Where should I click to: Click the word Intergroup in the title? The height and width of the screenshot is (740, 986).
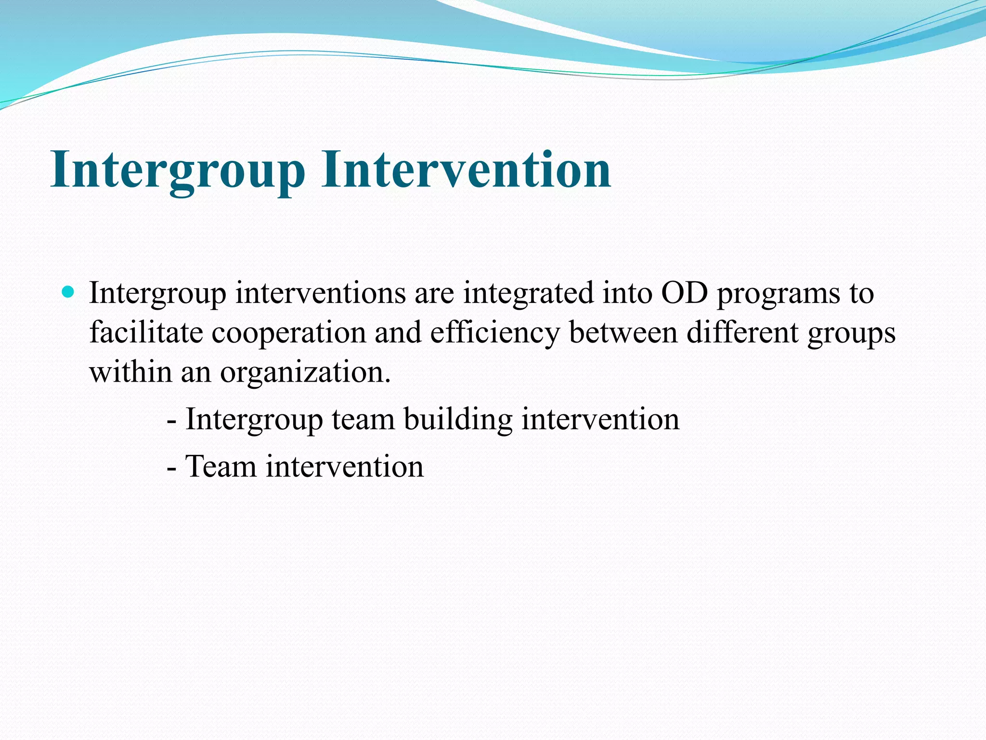[x=178, y=170]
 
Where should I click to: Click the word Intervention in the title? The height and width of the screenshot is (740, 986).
[x=466, y=170]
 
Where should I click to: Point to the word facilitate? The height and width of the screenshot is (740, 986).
[x=146, y=332]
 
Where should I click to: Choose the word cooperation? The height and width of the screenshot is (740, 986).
[x=288, y=333]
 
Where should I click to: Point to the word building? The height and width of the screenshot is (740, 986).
[x=458, y=419]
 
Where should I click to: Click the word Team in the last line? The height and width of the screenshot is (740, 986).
[x=221, y=466]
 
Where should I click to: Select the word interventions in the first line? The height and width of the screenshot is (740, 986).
[x=320, y=293]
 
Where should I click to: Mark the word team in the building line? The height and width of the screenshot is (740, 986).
[x=363, y=419]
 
